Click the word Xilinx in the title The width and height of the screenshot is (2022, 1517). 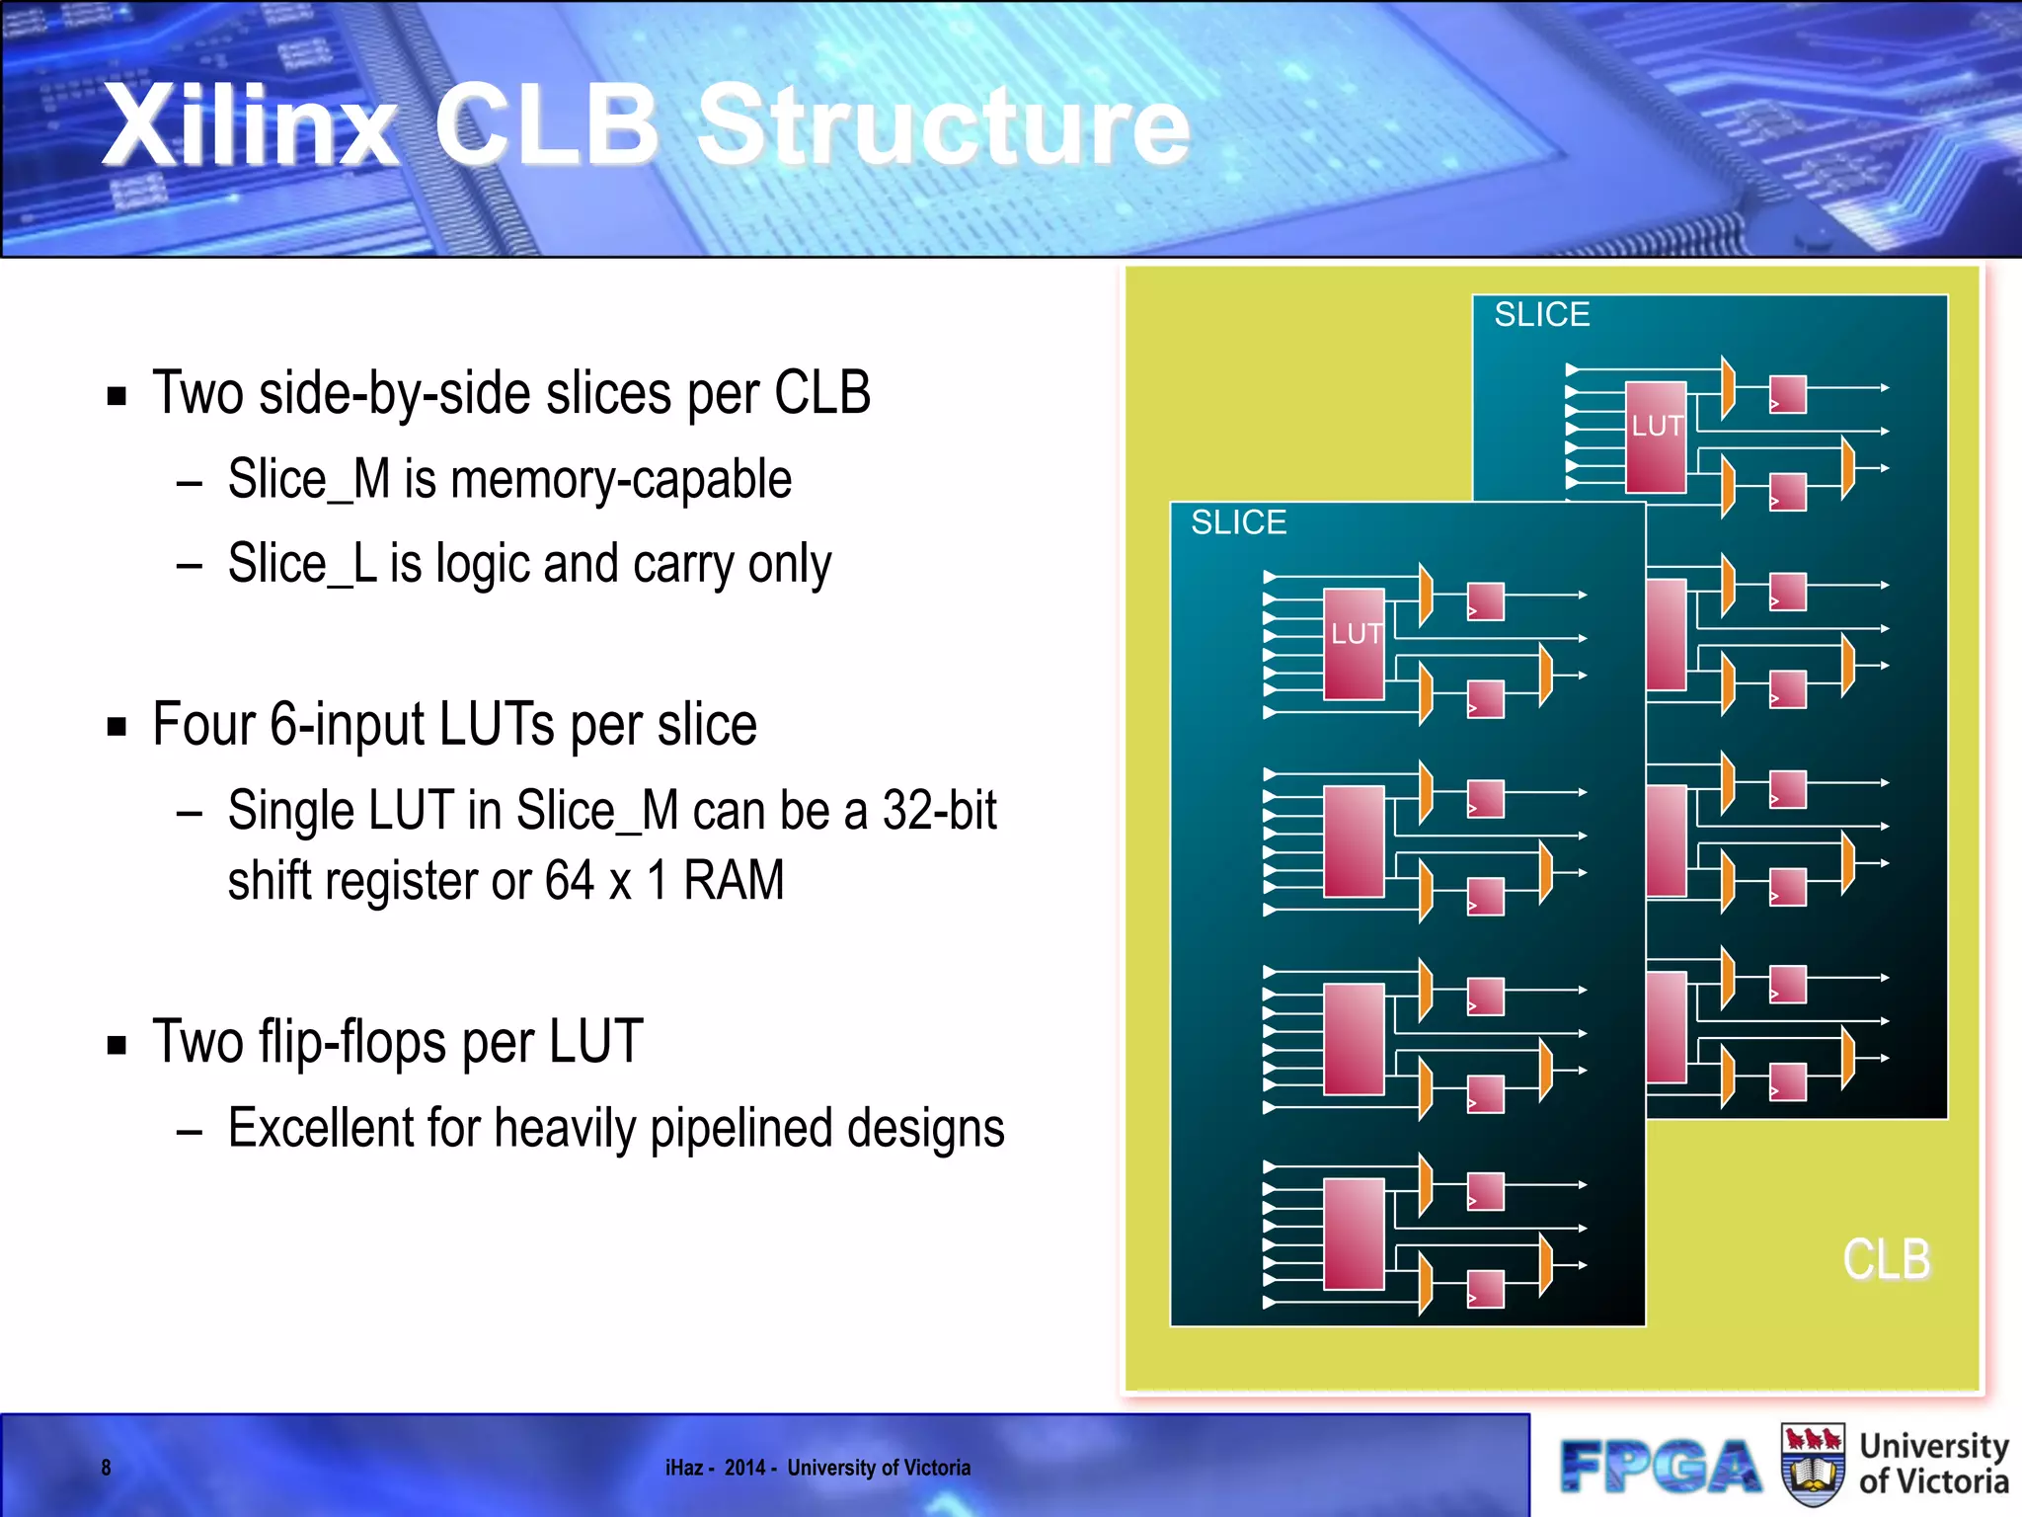pos(251,125)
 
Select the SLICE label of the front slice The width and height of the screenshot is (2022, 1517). pos(1238,522)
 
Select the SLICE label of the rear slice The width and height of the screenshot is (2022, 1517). pos(1541,315)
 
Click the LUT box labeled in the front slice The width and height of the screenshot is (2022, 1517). pos(1354,644)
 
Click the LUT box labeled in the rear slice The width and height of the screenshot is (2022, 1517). pos(1656,437)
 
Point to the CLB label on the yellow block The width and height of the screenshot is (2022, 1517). pos(1886,1260)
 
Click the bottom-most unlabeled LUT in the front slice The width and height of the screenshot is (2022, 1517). pos(1354,1235)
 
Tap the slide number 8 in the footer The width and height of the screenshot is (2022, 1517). pos(107,1468)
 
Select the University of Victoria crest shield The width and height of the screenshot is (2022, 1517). pos(1813,1465)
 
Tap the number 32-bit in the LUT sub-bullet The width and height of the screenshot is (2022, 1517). pos(939,811)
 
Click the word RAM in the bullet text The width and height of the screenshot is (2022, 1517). pos(734,881)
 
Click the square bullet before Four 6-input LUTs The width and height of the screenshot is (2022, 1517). pos(117,728)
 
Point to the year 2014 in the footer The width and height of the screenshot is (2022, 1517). pos(745,1468)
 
